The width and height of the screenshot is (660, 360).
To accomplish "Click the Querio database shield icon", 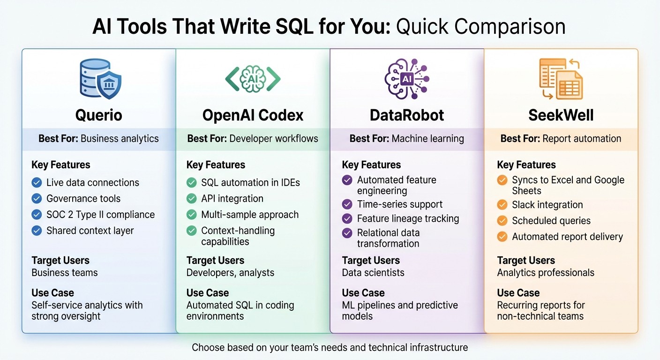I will click(99, 79).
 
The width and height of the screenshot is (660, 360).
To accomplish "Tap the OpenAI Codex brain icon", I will click(253, 79).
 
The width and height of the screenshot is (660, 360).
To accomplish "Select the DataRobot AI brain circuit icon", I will click(406, 79).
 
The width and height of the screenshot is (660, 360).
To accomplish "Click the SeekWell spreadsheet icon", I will click(561, 79).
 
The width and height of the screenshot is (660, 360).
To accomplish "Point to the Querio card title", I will click(99, 115).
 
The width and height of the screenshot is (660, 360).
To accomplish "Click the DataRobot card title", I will click(406, 115).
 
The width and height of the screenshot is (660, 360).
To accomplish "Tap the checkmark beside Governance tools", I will click(37, 199).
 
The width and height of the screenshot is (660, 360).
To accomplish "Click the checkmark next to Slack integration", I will click(502, 205).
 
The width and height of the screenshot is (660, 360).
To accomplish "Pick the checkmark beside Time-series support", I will click(347, 204).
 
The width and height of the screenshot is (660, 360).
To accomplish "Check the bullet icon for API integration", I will click(191, 199).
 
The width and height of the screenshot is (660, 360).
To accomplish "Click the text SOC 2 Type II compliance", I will click(100, 215).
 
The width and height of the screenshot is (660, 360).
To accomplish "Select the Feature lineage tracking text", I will click(408, 218).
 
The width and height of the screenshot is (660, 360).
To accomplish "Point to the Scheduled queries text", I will click(551, 221).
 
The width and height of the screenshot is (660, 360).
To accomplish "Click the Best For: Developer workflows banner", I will click(253, 139).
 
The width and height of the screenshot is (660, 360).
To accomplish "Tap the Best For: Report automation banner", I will click(561, 139).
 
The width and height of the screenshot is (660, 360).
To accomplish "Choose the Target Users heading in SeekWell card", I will click(525, 261).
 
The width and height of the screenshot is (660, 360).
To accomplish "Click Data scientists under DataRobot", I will click(373, 273).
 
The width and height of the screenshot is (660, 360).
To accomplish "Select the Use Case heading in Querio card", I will click(52, 293).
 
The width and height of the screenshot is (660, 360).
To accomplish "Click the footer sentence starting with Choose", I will click(330, 347).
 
